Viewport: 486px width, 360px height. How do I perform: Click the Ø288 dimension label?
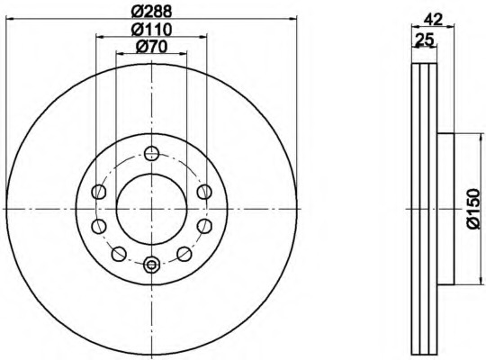click(151, 12)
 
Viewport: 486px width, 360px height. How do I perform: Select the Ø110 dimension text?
click(151, 30)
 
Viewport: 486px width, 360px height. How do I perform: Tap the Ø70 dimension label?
click(151, 47)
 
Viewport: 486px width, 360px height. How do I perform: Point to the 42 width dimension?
click(433, 20)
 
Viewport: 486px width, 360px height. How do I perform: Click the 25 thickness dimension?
click(424, 40)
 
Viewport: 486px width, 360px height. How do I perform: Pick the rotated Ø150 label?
click(473, 209)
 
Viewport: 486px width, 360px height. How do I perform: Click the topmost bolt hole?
click(152, 153)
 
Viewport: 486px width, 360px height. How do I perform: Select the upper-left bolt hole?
click(99, 192)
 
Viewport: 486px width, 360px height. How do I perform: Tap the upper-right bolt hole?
click(204, 192)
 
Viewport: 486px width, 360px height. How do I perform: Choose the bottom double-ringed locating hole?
click(151, 265)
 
